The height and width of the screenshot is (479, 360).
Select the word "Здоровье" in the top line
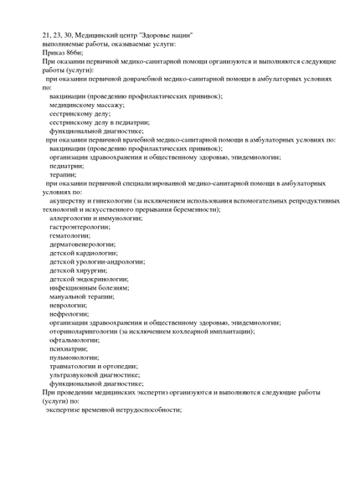click(x=154, y=34)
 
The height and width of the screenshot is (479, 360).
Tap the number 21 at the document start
click(x=46, y=34)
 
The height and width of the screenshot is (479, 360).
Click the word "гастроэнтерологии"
click(x=80, y=227)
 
